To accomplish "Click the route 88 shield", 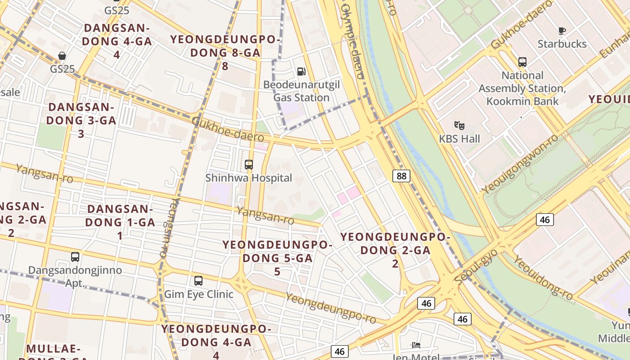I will pyautogui.click(x=401, y=175).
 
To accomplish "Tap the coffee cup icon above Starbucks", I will pyautogui.click(x=562, y=31).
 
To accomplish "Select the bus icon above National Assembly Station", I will pyautogui.click(x=522, y=62).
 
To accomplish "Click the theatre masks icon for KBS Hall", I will pyautogui.click(x=459, y=125).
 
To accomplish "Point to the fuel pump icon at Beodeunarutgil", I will pyautogui.click(x=301, y=71).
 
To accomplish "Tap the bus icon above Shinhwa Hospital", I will pyautogui.click(x=249, y=165).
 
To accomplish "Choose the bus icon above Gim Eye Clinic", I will pyautogui.click(x=198, y=281).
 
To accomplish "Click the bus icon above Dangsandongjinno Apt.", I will pyautogui.click(x=75, y=257).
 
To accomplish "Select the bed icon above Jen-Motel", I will pyautogui.click(x=416, y=345).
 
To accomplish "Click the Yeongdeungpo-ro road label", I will pyautogui.click(x=331, y=308).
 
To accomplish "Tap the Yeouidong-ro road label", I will pyautogui.click(x=544, y=277).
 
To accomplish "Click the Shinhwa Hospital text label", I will pyautogui.click(x=249, y=178).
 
